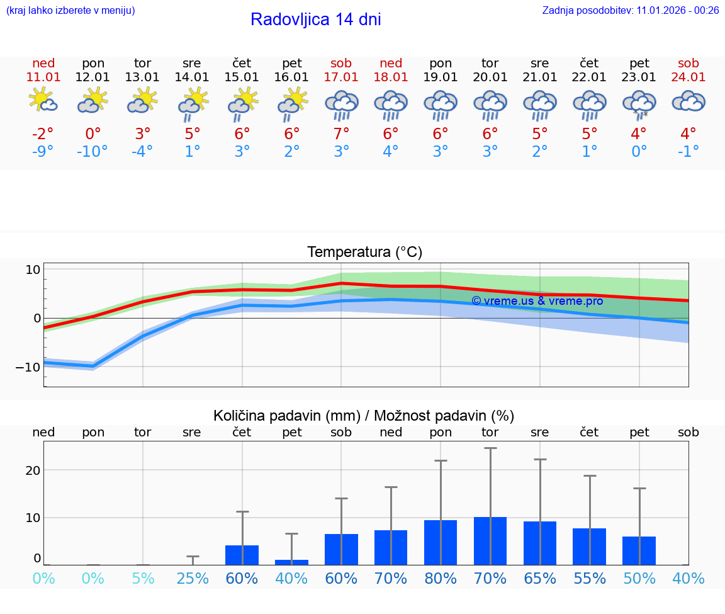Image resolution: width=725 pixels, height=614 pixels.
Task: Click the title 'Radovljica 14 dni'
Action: tap(315, 20)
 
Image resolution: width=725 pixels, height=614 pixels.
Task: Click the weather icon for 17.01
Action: tap(341, 105)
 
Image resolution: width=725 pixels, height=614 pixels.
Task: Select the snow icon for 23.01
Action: tap(639, 105)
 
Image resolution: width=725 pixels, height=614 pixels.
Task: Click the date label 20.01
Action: tap(490, 77)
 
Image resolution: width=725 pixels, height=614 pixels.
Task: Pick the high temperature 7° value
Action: tap(341, 134)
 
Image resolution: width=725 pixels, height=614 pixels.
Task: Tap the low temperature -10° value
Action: tap(93, 152)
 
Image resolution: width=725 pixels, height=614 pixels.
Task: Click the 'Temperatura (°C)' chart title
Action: tap(364, 252)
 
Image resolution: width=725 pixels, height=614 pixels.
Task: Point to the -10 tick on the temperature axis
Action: tap(28, 367)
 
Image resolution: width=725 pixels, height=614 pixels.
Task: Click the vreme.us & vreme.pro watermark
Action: tap(537, 301)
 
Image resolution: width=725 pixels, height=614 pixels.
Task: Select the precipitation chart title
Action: tap(364, 416)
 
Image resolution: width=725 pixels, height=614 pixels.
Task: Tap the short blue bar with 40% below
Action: tap(291, 562)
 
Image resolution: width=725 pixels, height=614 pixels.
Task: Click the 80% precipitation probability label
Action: tap(441, 578)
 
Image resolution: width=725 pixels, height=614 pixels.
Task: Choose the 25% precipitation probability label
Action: tap(192, 578)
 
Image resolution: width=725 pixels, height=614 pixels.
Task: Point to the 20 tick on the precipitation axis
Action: tap(33, 470)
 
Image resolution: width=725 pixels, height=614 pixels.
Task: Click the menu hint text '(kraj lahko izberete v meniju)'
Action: tap(70, 10)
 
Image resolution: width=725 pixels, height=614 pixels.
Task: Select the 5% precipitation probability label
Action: tap(143, 578)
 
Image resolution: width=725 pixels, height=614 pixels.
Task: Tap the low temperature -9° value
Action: tap(43, 152)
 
